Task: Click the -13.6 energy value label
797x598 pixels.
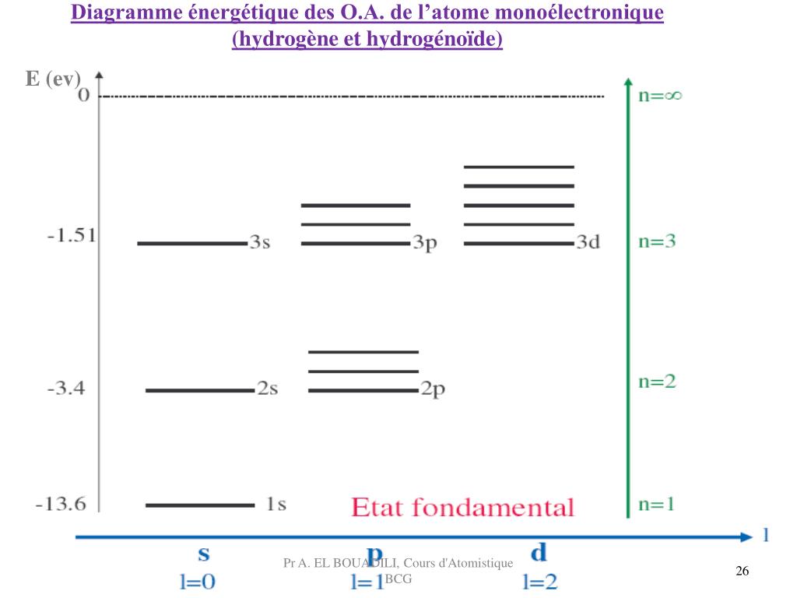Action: pos(61,505)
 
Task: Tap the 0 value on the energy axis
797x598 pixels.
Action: pos(83,96)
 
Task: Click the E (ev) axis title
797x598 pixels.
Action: pos(53,79)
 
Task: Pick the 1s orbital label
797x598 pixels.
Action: pos(276,505)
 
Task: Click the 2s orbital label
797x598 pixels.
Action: pos(267,389)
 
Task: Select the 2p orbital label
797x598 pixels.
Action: pos(433,390)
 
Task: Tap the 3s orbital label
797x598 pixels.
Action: pos(260,242)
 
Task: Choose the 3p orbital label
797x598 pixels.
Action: pos(425,243)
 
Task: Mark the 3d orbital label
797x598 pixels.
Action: pos(588,242)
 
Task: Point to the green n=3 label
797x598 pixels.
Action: pos(657,241)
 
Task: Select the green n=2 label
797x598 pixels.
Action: pos(657,382)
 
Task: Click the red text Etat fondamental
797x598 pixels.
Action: pos(462,508)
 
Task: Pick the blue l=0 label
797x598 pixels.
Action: pos(198,582)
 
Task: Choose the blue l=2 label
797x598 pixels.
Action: pos(539,582)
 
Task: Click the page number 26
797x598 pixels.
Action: pos(742,572)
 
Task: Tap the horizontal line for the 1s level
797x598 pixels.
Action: pos(200,505)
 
